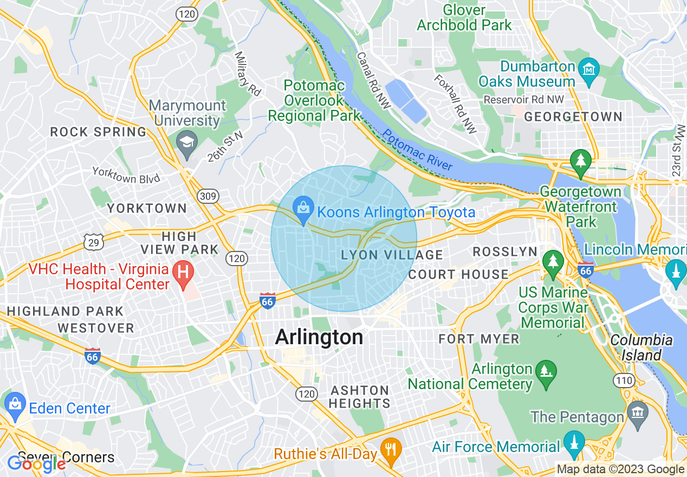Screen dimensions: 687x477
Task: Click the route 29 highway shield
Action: (94, 242)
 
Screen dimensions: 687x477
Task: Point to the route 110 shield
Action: (624, 381)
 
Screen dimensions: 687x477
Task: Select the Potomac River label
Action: (417, 151)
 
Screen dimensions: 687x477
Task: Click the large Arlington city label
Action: (319, 337)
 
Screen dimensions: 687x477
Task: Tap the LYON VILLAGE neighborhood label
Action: (392, 255)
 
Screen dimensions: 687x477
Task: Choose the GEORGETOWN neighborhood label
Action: (573, 117)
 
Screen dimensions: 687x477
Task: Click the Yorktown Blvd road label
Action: (126, 175)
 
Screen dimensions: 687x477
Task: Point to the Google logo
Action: (37, 463)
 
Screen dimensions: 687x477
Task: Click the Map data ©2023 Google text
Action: (620, 469)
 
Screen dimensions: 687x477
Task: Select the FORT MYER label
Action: (479, 339)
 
